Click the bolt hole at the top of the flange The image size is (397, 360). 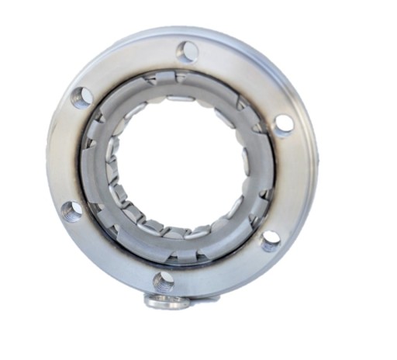tap(187, 53)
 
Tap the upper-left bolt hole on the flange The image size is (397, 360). tap(81, 98)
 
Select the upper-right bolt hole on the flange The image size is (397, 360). tap(284, 124)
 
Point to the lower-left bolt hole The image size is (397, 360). tap(72, 209)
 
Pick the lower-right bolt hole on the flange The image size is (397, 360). tap(270, 241)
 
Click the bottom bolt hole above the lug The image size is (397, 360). tap(164, 280)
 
